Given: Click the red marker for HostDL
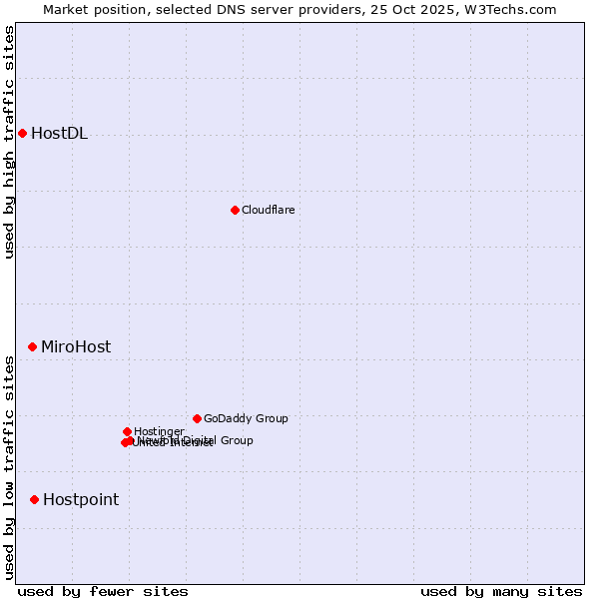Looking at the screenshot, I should coord(22,133).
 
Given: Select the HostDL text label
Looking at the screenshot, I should coord(59,134).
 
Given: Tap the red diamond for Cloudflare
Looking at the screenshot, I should coord(235,210).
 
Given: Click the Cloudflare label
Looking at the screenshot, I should coord(268,210).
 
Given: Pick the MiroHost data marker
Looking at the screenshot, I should coord(32,346).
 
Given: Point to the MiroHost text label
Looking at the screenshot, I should coord(76,347).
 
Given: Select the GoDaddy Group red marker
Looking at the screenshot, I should coord(197,418).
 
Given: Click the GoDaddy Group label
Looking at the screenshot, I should coord(246,418).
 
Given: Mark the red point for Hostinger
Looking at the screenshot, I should coord(127,431).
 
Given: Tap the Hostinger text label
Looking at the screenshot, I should coord(159,431).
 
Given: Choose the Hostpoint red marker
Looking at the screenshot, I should coord(34,499).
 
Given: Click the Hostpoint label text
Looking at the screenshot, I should coord(80,500).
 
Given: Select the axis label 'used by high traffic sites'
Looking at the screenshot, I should coord(10,142).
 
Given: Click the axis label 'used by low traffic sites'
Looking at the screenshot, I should coord(10,467).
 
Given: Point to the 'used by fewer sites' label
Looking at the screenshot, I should coord(103,591).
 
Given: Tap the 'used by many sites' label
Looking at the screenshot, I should coord(500,591).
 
